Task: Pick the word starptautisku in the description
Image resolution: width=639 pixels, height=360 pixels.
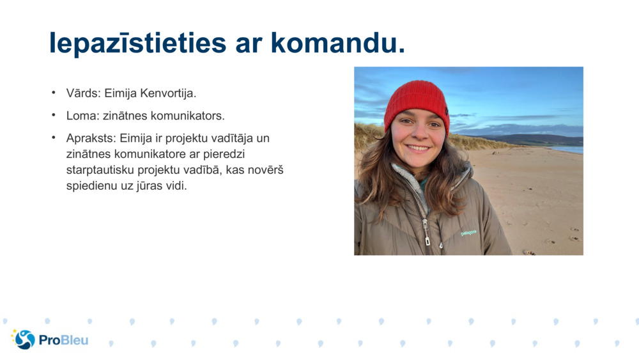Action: pos(98,171)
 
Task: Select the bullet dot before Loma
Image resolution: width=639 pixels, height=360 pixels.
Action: pos(54,116)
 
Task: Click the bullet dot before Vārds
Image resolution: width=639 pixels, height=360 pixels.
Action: pos(54,93)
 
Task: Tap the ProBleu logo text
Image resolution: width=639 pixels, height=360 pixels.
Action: pos(63,340)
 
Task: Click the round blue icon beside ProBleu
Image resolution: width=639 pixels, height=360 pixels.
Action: pos(24,340)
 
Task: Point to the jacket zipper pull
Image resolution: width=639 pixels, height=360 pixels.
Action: pos(427,240)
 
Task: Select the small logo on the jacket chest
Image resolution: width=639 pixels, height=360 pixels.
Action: pos(468,233)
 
